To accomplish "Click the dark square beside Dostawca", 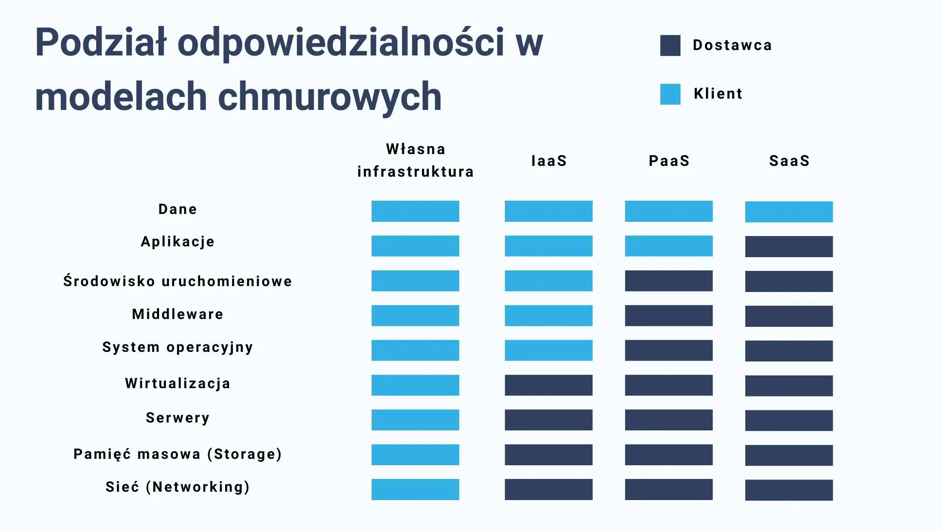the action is pyautogui.click(x=670, y=46).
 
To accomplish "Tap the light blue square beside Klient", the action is pyautogui.click(x=670, y=94).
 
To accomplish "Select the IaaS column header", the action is pyautogui.click(x=549, y=161).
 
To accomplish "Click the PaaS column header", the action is pyautogui.click(x=669, y=161).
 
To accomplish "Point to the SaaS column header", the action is pyautogui.click(x=789, y=161).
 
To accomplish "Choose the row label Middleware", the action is pyautogui.click(x=178, y=314).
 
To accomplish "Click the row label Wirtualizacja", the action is pyautogui.click(x=178, y=383).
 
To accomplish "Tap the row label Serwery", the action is pyautogui.click(x=178, y=418).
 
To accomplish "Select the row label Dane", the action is pyautogui.click(x=178, y=209).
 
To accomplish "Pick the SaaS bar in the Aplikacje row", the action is pyautogui.click(x=789, y=247).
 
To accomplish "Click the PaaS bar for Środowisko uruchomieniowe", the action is pyautogui.click(x=669, y=281).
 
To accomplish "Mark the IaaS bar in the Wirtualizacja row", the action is pyautogui.click(x=549, y=385).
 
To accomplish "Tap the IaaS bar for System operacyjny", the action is pyautogui.click(x=549, y=350).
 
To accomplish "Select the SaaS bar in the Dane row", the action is pyautogui.click(x=789, y=212).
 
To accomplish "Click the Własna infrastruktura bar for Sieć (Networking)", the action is pyautogui.click(x=415, y=490).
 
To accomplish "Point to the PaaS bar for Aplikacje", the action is pyautogui.click(x=669, y=246).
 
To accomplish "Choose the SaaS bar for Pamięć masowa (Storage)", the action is pyautogui.click(x=789, y=455).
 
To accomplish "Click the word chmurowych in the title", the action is pyautogui.click(x=330, y=97).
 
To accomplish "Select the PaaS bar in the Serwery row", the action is pyautogui.click(x=669, y=420).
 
